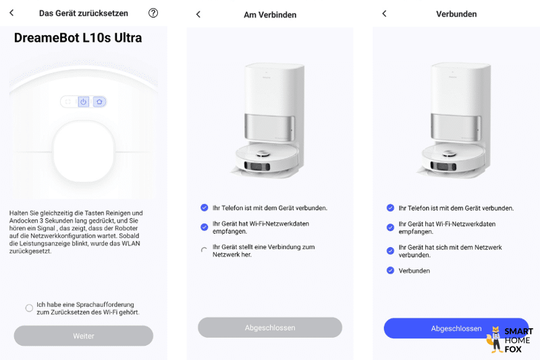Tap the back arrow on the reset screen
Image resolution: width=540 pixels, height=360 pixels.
(11, 13)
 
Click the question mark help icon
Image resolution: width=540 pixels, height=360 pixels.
(153, 13)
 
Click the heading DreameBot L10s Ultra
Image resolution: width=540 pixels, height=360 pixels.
(78, 38)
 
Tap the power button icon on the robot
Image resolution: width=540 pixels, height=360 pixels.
(84, 101)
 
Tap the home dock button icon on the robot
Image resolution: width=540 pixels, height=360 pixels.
(99, 101)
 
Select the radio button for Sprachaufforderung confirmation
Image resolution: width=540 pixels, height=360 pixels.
(29, 308)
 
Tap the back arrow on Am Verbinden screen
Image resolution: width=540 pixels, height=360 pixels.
(198, 14)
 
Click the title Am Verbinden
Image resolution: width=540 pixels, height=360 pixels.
(270, 14)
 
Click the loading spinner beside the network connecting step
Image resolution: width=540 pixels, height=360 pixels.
(204, 251)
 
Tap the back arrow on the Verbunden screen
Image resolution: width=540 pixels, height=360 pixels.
(384, 14)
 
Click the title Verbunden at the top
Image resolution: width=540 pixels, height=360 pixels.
(456, 14)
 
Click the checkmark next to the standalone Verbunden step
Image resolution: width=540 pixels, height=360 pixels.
(390, 270)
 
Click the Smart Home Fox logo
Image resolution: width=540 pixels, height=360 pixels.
(510, 340)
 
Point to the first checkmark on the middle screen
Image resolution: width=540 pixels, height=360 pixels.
(204, 207)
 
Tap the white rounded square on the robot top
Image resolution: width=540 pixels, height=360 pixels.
(84, 151)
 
